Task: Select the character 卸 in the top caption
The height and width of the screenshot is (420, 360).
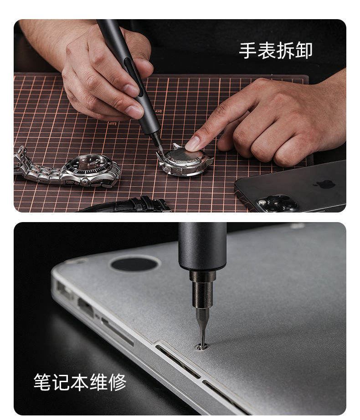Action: tap(304, 51)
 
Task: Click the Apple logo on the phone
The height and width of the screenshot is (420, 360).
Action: tap(324, 183)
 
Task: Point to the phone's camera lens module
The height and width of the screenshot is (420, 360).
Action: tap(276, 202)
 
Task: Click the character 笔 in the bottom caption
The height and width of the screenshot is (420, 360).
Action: tap(42, 382)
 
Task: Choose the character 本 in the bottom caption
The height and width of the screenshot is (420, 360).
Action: tap(80, 382)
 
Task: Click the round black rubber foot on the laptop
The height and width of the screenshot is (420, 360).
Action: tap(134, 264)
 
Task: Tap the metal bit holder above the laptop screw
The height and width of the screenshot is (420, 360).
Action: tap(202, 292)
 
